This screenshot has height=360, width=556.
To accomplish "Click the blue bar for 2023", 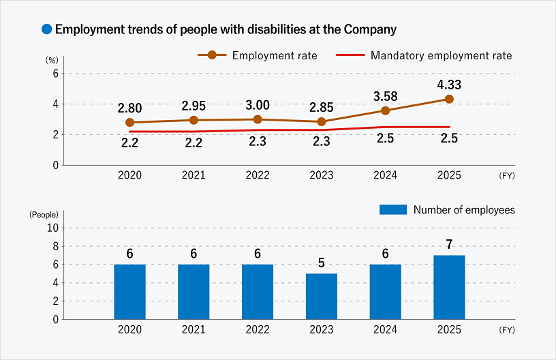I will [x=322, y=296].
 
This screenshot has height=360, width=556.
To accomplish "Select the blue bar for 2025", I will [x=449, y=287].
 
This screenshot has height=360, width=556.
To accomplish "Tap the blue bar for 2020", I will [x=129, y=291].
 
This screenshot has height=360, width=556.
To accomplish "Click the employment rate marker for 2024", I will [x=386, y=110].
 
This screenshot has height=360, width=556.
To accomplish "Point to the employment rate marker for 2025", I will [x=449, y=99].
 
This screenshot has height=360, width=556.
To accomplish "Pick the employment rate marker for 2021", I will [x=194, y=120].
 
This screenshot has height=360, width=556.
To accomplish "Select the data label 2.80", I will [x=129, y=108].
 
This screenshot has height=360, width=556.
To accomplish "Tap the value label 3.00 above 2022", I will [x=258, y=104].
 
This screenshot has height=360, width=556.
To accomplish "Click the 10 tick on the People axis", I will [x=53, y=228].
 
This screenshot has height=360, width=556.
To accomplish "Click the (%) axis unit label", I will [x=52, y=60].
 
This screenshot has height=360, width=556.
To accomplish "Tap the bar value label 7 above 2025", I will [x=449, y=244].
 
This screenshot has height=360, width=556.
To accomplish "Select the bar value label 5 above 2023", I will [x=322, y=262].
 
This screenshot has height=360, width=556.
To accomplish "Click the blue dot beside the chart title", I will [x=47, y=29].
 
